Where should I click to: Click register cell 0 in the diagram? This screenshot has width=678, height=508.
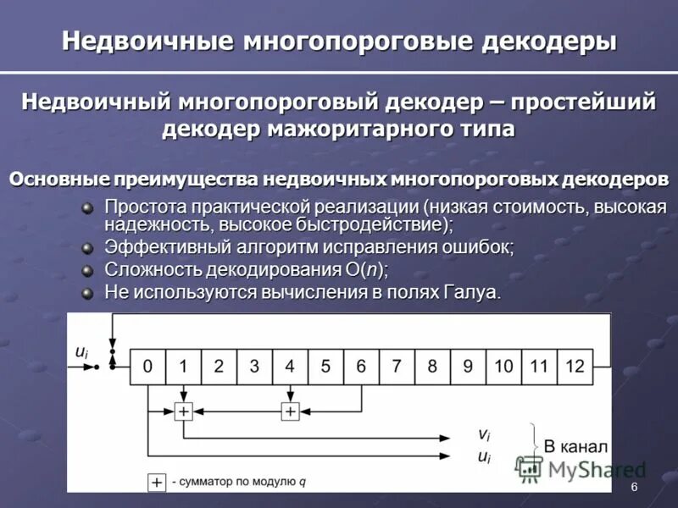click(x=147, y=367)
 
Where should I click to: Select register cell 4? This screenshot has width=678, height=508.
click(x=290, y=367)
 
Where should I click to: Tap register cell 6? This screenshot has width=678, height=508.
click(x=361, y=367)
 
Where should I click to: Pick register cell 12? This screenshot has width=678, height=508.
click(x=575, y=367)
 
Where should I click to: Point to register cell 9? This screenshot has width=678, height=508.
click(x=468, y=367)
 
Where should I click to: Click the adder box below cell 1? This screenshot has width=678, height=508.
click(x=183, y=411)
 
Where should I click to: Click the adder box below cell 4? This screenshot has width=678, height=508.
click(x=290, y=411)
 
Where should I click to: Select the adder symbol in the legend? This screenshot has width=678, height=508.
click(x=157, y=483)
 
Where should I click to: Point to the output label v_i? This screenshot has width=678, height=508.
click(x=483, y=434)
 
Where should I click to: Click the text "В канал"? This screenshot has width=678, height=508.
click(x=575, y=446)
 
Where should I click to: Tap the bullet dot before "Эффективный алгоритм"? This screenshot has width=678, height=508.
click(x=87, y=248)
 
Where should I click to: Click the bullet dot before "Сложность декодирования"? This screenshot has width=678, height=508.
click(x=87, y=271)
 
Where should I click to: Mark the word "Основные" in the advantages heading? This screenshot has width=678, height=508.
click(x=52, y=179)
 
